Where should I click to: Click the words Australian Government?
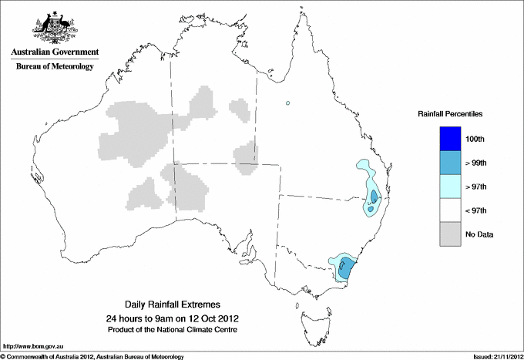pyautogui.click(x=55, y=52)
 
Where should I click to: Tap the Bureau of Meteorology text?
pyautogui.click(x=55, y=67)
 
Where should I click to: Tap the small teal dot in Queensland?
pyautogui.click(x=287, y=103)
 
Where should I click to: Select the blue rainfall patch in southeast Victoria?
pyautogui.click(x=346, y=267)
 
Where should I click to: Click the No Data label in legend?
pyautogui.click(x=479, y=234)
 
